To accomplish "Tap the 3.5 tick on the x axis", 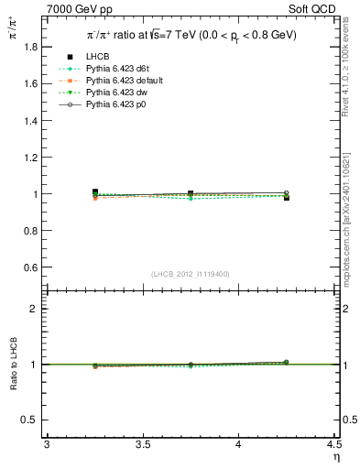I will click(x=142, y=443).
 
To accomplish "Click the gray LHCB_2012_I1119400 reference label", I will click(x=191, y=274).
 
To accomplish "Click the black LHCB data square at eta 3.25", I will click(x=94, y=192).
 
